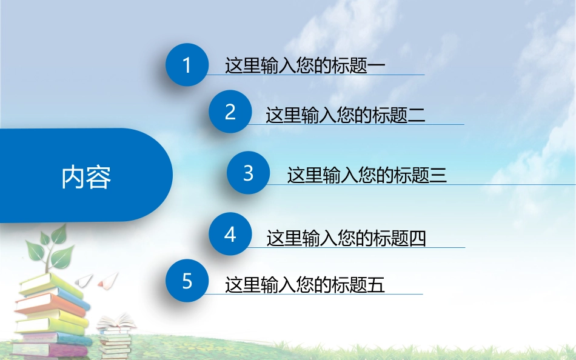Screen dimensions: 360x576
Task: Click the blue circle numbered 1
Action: (x=187, y=65)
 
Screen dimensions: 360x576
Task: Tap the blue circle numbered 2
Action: (x=230, y=112)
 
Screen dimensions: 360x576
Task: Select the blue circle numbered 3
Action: (x=248, y=173)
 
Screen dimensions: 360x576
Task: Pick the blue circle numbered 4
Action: (x=230, y=234)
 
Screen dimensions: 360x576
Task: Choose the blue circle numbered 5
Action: (x=187, y=281)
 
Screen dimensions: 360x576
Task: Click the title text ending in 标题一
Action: (x=305, y=65)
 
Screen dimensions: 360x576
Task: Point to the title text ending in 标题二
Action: (x=345, y=115)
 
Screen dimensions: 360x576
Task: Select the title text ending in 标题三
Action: (x=367, y=176)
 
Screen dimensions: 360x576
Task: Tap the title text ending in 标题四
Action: (x=346, y=238)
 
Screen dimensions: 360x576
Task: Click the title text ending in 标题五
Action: (x=305, y=284)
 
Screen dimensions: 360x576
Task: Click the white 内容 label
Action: (x=86, y=177)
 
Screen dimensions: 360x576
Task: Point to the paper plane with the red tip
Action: (x=107, y=280)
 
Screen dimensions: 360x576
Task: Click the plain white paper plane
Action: (x=84, y=279)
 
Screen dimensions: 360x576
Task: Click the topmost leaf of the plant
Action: (x=58, y=235)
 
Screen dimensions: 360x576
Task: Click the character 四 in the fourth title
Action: (x=418, y=238)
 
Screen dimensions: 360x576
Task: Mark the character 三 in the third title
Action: (x=438, y=176)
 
